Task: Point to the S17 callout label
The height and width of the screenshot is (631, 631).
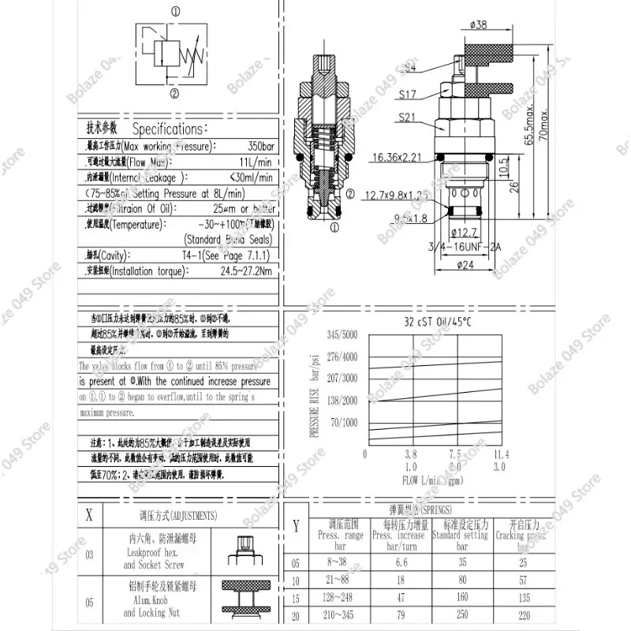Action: point(407,95)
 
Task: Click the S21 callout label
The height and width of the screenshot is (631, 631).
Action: point(407,118)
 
